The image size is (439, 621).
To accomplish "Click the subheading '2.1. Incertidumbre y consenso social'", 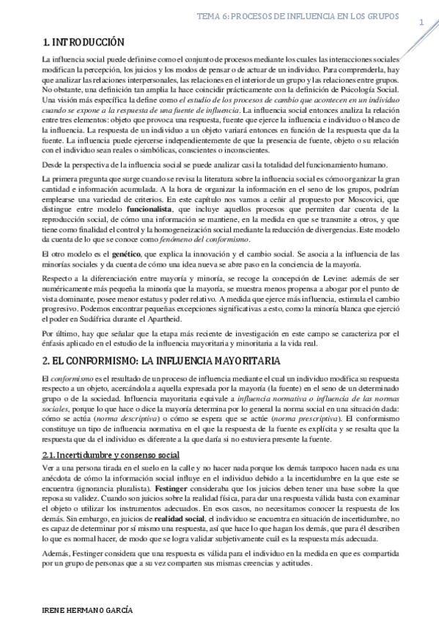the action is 111,455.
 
